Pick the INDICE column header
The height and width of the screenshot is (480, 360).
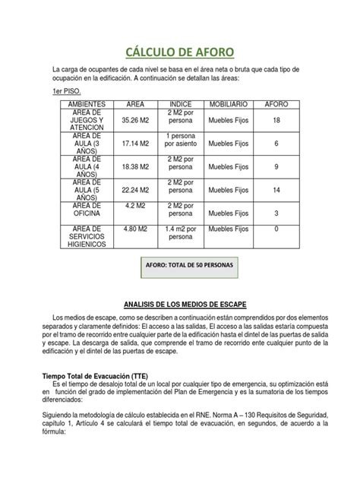click(x=181, y=103)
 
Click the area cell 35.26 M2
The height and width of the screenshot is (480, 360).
click(x=135, y=120)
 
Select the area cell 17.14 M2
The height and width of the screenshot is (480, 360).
click(x=135, y=143)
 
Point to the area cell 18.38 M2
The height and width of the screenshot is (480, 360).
click(x=135, y=166)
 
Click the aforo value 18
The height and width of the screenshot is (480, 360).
click(x=276, y=120)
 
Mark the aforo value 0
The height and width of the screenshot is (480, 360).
click(x=276, y=228)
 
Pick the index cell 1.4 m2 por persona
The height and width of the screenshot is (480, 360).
click(x=181, y=232)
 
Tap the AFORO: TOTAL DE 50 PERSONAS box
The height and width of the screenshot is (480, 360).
click(x=189, y=266)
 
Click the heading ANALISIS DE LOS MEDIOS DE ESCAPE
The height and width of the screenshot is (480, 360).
click(x=180, y=304)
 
